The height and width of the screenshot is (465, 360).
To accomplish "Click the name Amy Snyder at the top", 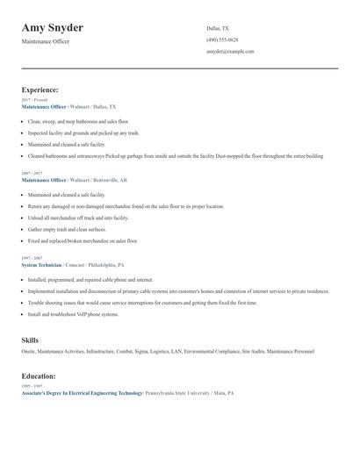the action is [x=58, y=28].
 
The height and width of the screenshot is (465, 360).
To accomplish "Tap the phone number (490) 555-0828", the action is [x=221, y=39].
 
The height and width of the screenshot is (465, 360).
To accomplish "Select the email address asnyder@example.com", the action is [x=230, y=51].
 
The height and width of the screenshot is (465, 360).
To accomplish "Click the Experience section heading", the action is [x=40, y=89].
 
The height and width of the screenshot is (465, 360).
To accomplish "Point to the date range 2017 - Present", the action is [x=34, y=100].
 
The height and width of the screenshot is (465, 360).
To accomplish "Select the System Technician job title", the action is [x=40, y=263].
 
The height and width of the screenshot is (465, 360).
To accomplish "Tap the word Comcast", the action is [x=76, y=263].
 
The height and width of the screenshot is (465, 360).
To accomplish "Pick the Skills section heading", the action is [x=30, y=339].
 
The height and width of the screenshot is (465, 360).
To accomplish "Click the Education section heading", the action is [x=40, y=376].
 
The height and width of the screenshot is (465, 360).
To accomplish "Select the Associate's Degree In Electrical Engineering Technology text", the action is [x=82, y=393].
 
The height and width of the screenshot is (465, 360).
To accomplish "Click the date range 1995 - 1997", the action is [x=32, y=387].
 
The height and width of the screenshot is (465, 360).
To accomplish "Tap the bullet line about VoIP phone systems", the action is [x=73, y=313].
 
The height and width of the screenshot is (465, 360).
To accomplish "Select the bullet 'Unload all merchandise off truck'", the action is [x=78, y=217].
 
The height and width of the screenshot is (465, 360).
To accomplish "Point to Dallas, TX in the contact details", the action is [x=218, y=28].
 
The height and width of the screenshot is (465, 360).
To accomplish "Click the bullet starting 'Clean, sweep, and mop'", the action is [x=78, y=121].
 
